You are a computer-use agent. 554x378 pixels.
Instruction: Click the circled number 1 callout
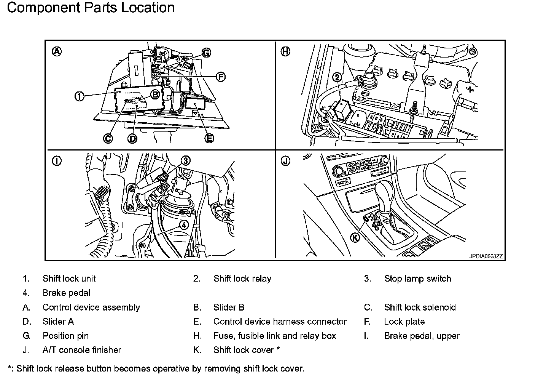(x=79, y=97)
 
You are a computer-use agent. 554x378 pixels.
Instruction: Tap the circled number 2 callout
(x=337, y=77)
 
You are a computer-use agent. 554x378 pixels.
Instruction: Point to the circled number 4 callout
(x=184, y=225)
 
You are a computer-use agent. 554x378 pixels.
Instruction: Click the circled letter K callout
(x=355, y=237)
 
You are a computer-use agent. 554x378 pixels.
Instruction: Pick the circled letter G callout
(x=206, y=53)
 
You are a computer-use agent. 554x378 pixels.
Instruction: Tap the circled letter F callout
(x=220, y=77)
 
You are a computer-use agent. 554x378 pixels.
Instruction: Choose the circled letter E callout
(x=209, y=138)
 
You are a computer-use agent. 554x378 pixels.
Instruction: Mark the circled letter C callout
(x=108, y=139)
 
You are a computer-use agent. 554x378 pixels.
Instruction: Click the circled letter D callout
(x=132, y=139)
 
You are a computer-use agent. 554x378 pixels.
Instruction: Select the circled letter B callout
(x=155, y=94)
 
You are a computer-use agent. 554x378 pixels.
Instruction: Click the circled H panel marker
(x=285, y=51)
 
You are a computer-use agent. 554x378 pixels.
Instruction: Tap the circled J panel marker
(x=285, y=161)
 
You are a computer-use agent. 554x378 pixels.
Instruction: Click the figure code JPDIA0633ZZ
(x=486, y=256)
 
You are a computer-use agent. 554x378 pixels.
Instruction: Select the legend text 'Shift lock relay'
(x=242, y=279)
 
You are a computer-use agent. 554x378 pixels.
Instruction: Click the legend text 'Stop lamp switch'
(x=417, y=279)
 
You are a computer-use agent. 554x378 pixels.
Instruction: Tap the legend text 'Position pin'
(x=65, y=336)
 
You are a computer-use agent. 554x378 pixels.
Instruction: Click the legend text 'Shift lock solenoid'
(x=420, y=307)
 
